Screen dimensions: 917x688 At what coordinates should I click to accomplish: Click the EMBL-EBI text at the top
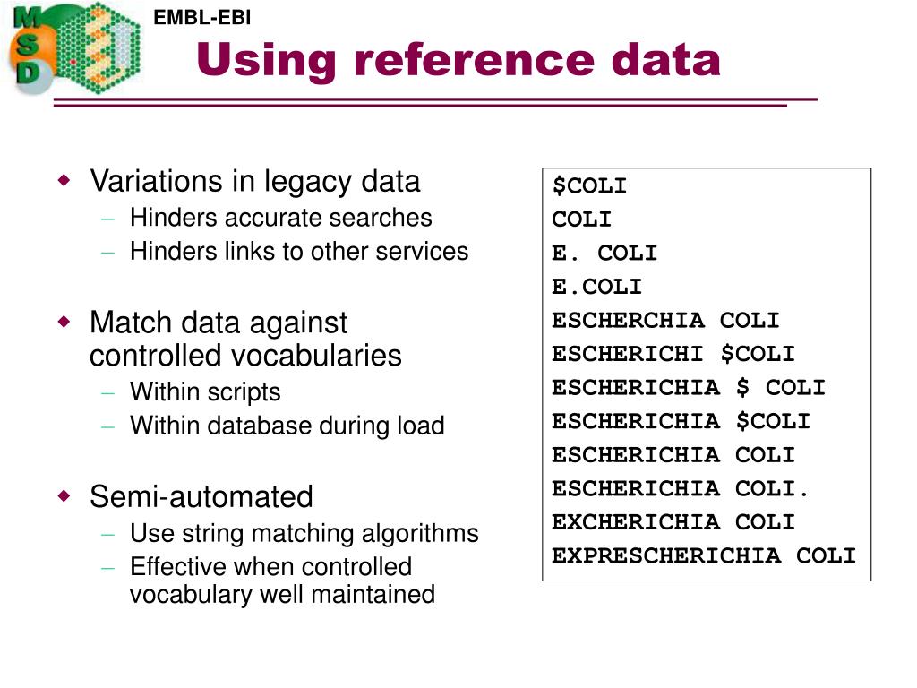(x=201, y=17)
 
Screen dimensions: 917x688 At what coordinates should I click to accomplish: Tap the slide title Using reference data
(x=458, y=60)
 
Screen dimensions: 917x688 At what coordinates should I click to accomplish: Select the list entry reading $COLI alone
(x=589, y=186)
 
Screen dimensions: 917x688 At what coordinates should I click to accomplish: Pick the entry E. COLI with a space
(x=604, y=254)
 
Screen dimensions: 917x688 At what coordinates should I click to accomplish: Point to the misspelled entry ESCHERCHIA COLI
(x=665, y=321)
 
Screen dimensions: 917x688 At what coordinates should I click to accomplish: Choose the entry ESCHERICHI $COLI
(x=673, y=354)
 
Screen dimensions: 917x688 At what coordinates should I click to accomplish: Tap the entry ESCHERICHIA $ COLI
(x=688, y=388)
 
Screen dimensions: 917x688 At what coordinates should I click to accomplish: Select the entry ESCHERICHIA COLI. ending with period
(x=681, y=488)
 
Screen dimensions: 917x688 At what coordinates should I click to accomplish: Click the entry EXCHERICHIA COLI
(x=673, y=522)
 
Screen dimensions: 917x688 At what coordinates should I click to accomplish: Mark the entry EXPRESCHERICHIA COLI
(x=703, y=555)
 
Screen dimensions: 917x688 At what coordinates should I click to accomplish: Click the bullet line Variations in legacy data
(x=254, y=181)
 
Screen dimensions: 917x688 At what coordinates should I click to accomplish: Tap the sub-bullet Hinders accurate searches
(x=280, y=218)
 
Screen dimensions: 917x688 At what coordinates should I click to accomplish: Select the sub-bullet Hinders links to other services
(x=298, y=252)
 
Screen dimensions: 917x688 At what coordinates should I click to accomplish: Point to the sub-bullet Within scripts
(x=204, y=391)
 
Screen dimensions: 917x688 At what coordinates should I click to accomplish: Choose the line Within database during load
(x=287, y=426)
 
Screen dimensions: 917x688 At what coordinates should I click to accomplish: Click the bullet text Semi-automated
(x=201, y=496)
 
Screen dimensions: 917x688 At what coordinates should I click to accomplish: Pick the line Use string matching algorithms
(x=304, y=534)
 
